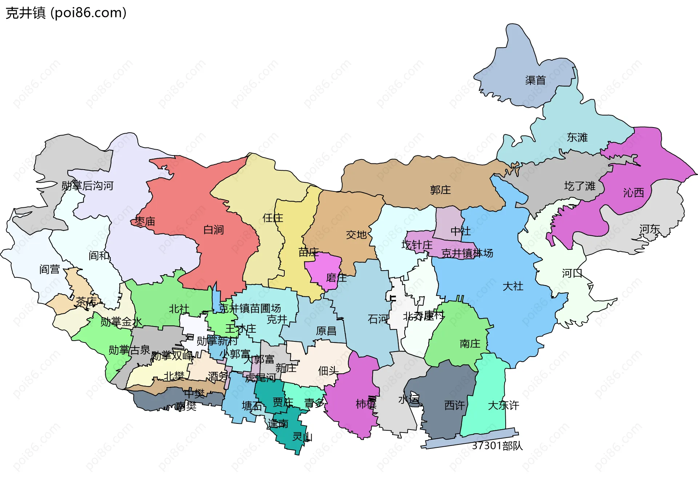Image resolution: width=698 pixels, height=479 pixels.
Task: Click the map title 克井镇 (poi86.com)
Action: pyautogui.click(x=66, y=13)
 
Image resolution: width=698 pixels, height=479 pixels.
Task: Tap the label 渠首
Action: pyautogui.click(x=535, y=80)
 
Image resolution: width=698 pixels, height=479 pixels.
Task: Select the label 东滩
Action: pyautogui.click(x=577, y=137)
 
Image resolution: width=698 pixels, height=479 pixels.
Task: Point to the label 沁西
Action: pyautogui.click(x=633, y=192)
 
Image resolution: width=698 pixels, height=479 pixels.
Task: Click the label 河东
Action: pyautogui.click(x=650, y=229)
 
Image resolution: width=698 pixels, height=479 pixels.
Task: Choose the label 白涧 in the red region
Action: pyautogui.click(x=213, y=230)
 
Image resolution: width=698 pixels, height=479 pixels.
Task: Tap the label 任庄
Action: pyautogui.click(x=273, y=218)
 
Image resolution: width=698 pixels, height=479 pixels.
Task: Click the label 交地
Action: pyautogui.click(x=356, y=235)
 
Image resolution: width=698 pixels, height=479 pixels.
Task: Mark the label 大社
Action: pyautogui.click(x=513, y=286)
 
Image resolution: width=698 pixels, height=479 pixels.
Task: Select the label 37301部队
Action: pyautogui.click(x=497, y=446)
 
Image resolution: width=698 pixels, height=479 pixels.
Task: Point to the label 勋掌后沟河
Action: pyautogui.click(x=87, y=186)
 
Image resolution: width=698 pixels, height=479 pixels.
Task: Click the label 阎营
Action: pyautogui.click(x=49, y=269)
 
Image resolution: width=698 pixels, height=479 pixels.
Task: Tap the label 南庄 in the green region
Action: pyautogui.click(x=470, y=343)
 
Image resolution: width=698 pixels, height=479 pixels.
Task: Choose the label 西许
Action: pyautogui.click(x=454, y=405)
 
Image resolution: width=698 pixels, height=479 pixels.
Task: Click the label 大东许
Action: pyautogui.click(x=503, y=405)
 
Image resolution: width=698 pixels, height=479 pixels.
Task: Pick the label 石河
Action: pyautogui.click(x=378, y=319)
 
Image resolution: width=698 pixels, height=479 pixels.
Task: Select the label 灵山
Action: pyautogui.click(x=302, y=437)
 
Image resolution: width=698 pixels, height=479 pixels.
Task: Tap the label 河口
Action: pyautogui.click(x=572, y=273)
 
